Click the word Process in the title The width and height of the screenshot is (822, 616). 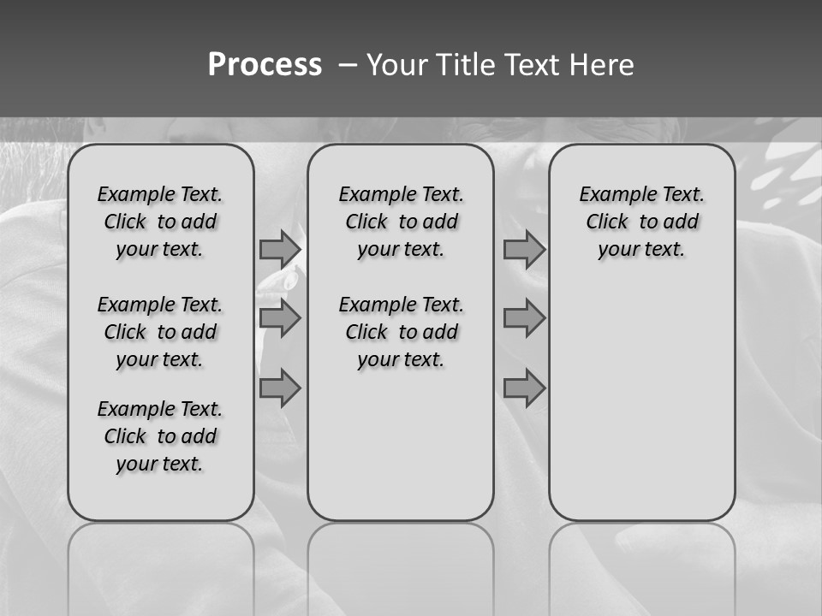pos(265,65)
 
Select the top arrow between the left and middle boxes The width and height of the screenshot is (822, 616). pos(279,249)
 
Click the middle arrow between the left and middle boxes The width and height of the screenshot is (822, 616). pos(279,318)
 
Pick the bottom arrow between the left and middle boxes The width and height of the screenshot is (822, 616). pos(279,388)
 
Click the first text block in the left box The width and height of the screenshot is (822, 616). pos(160,222)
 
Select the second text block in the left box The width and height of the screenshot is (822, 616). pos(160,332)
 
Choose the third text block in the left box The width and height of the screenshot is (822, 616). pos(160,436)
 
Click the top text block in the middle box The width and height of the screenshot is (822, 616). pos(401,222)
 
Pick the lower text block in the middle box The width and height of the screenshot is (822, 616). pos(401,332)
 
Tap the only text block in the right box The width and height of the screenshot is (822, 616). pos(641,222)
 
